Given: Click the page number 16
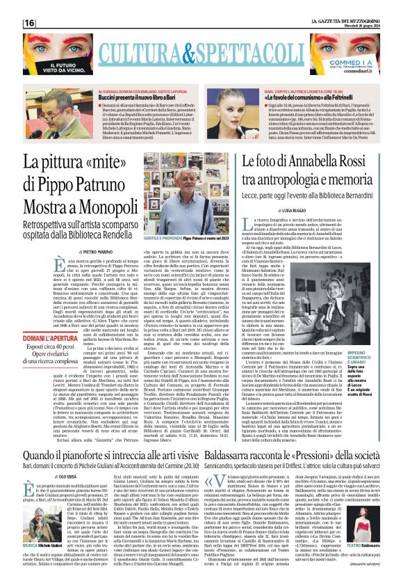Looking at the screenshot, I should (x=30, y=23).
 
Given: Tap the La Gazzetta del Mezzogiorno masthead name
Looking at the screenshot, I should (x=352, y=19).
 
